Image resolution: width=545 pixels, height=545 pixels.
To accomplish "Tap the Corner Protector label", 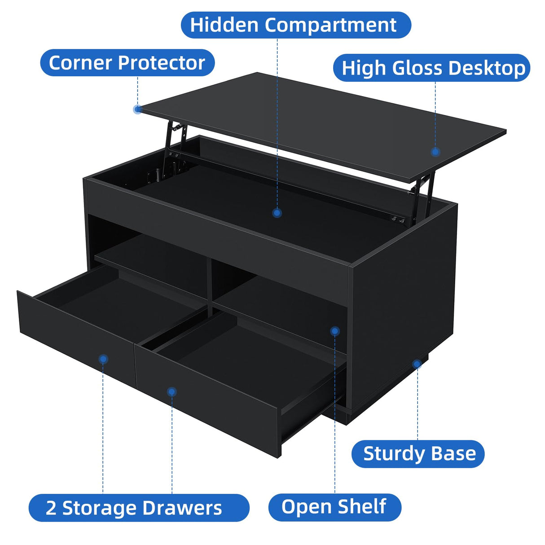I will pos(127,63).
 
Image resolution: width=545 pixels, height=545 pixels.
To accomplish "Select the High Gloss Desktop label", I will pos(432,68).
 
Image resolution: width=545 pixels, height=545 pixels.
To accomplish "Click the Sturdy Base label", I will pos(418,454).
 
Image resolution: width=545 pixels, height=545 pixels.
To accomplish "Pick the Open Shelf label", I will pos(334,507).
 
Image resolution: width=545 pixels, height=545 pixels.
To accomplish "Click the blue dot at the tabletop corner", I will pos(138,109).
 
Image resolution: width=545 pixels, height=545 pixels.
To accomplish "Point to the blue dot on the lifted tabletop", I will pos(435,152).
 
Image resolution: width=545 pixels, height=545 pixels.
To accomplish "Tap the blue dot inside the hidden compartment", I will pos(277,213).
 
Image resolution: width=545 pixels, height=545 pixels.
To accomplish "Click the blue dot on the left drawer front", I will pos(103,359).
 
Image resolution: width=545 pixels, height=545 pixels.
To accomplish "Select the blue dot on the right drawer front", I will pos(171,392).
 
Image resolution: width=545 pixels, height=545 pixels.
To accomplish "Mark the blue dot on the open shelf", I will pos(334,331).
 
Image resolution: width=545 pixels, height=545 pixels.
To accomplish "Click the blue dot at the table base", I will pos(417,364).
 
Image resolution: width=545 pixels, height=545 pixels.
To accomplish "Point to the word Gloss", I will pos(417,68).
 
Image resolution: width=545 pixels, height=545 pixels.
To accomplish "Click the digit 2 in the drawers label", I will pos(51,508).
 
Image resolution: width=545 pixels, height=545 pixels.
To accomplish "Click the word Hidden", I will pos(224,25).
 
